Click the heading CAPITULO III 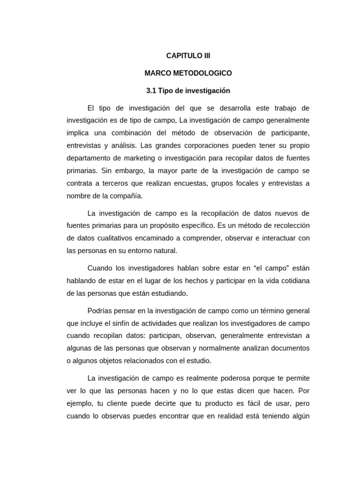coord(188,56)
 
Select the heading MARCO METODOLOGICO coord(188,73)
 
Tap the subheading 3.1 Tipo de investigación coord(188,90)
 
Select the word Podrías coord(101,311)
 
